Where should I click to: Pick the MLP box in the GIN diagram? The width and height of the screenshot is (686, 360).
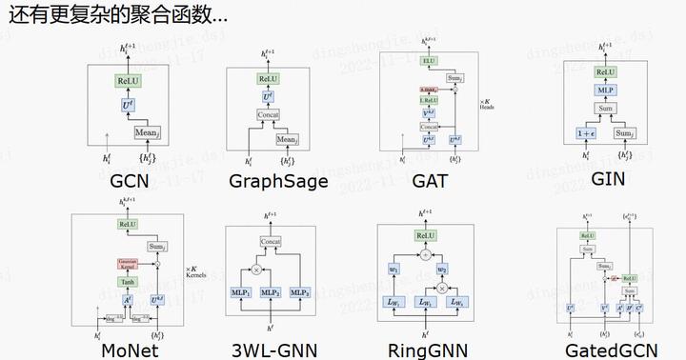coord(603,91)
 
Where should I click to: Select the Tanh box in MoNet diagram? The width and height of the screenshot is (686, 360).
coord(128,282)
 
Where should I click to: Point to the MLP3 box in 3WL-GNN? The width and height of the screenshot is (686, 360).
coord(300,291)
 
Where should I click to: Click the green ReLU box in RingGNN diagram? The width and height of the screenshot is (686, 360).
coord(425,235)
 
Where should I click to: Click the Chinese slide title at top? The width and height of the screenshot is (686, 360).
coord(114,16)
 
